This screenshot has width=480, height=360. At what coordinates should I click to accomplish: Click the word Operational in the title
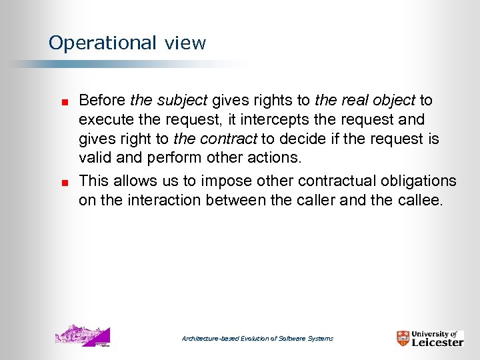click(101, 43)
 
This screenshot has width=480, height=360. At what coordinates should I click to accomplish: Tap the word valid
click(95, 159)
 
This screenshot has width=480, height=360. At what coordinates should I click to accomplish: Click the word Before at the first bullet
click(102, 101)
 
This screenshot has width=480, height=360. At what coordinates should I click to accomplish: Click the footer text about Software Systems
click(257, 339)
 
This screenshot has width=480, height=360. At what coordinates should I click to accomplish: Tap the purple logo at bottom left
click(82, 336)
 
